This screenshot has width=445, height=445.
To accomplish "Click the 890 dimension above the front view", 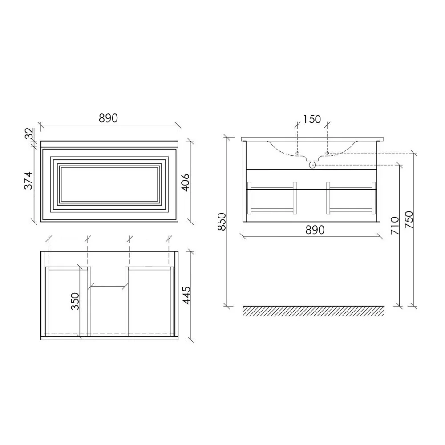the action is (x=108, y=118).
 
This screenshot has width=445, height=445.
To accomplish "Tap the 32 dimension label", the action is (x=29, y=133).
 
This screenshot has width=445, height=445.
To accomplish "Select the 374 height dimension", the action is (x=28, y=181).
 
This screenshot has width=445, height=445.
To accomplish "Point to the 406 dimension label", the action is (x=185, y=183).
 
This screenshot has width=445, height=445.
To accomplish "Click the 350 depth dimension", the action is (x=75, y=301).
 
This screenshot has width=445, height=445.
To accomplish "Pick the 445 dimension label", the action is (x=186, y=295).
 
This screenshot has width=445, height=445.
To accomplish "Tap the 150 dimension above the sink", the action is (x=312, y=119).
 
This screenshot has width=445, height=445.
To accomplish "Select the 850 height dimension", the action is (x=222, y=221).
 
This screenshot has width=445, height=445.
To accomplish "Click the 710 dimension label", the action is (x=395, y=226).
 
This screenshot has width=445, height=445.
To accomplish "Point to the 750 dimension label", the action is (x=409, y=220).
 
